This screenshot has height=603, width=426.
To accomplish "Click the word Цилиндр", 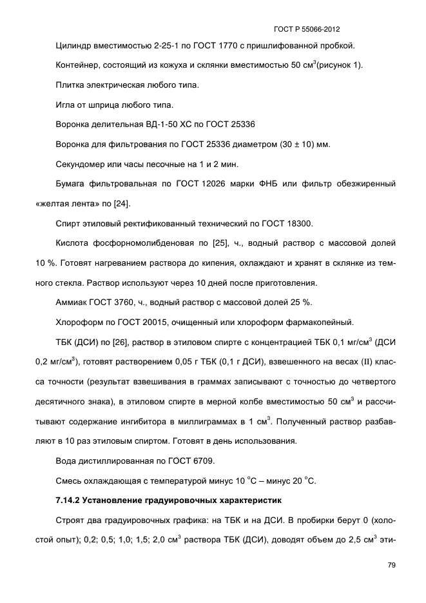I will [73, 46].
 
